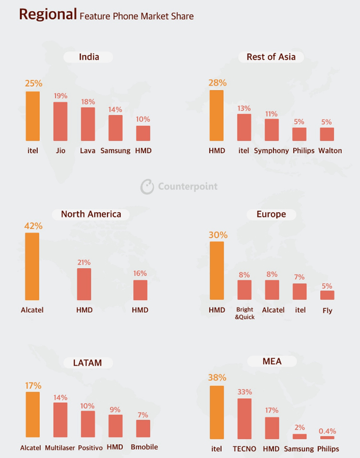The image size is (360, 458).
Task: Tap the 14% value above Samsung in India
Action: (x=115, y=109)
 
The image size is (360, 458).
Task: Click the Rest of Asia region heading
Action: (x=271, y=57)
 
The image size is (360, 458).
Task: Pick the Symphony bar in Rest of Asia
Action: (x=271, y=129)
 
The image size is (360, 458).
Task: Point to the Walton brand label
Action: (x=330, y=151)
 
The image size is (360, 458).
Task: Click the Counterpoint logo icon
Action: (x=147, y=187)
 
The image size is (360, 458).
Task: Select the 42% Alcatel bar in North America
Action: (x=32, y=267)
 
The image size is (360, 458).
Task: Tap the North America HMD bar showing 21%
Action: (x=84, y=284)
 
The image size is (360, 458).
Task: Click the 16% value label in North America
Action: (x=140, y=273)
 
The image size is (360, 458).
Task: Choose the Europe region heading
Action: (x=271, y=214)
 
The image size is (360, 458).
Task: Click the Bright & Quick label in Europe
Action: (x=244, y=313)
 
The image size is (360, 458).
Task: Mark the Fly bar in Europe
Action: (x=327, y=295)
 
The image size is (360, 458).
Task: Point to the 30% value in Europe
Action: (x=217, y=235)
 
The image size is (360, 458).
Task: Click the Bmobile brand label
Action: (x=144, y=447)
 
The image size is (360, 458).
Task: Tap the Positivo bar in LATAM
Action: (x=87, y=424)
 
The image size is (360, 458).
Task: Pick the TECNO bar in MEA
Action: (x=244, y=419)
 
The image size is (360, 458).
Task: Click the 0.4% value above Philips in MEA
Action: (x=327, y=431)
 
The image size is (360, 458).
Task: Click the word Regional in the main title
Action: (x=48, y=14)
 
